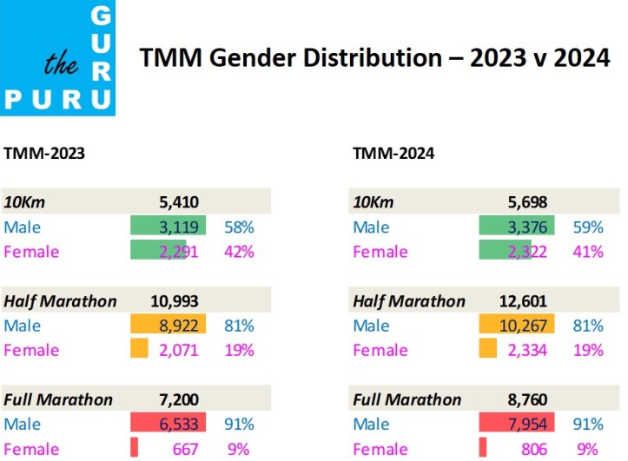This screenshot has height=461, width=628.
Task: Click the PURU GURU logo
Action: coord(57,58)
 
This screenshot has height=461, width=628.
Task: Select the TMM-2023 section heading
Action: coord(44,154)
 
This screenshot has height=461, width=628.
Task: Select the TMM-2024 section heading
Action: coord(393,154)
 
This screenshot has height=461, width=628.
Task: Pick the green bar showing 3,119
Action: coord(169,227)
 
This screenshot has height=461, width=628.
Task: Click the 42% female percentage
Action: coord(239,252)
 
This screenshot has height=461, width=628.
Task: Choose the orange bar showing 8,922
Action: coord(169,326)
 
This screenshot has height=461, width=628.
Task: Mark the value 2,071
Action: coord(181,351)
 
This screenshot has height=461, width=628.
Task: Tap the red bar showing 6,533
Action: coord(169,425)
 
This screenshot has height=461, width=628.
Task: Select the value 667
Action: coord(188,449)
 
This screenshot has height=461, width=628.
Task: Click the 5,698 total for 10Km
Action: coord(530,202)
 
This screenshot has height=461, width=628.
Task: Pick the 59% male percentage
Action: coord(588,227)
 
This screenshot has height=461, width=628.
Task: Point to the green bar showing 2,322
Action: coord(506,252)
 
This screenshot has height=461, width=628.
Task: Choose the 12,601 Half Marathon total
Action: coord(526,301)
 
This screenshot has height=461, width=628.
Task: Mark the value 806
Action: coord(538,449)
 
